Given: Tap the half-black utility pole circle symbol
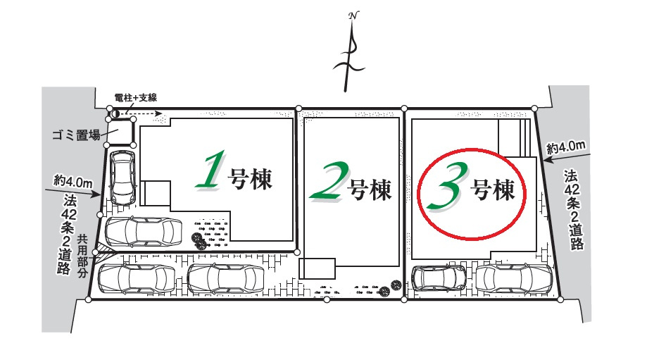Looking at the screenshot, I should point(114,112).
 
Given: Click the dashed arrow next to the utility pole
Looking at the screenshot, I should point(144,112).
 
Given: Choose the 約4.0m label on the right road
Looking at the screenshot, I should point(567,147).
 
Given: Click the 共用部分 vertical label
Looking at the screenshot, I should point(82,256).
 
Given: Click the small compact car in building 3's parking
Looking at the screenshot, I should point(437,278).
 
